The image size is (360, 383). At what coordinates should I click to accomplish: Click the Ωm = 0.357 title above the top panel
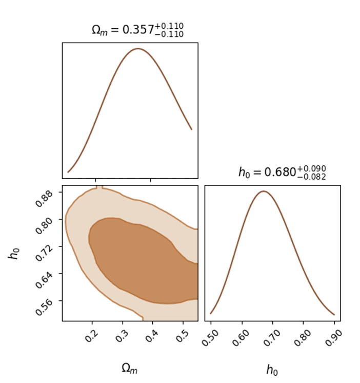[x=137, y=30]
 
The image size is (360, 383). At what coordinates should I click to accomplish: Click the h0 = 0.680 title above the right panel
[x=282, y=172]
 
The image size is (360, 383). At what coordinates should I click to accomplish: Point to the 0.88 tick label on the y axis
[x=44, y=198]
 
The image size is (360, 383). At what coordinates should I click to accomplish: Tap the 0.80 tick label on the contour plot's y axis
[x=44, y=225]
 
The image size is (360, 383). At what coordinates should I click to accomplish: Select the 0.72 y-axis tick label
[x=44, y=253]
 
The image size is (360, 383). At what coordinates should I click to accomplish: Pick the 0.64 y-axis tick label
[x=44, y=280]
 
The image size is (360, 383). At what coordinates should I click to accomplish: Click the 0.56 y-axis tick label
[x=44, y=307]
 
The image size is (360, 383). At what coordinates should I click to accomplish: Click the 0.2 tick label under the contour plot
[x=91, y=336]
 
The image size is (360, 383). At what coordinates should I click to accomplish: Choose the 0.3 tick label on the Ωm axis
[x=122, y=336]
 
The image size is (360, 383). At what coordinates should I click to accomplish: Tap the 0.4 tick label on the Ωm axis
[x=152, y=336]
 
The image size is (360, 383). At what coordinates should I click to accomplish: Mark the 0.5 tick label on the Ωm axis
[x=183, y=336]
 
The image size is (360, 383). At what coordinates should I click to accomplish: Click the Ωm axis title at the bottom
[x=130, y=368]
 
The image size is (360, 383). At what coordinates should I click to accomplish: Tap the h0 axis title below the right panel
[x=272, y=370]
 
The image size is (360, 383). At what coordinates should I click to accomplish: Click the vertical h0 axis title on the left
[x=14, y=253]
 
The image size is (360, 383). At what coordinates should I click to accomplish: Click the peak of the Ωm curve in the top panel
[x=138, y=49]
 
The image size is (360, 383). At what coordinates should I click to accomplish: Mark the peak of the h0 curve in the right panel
[x=264, y=191]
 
